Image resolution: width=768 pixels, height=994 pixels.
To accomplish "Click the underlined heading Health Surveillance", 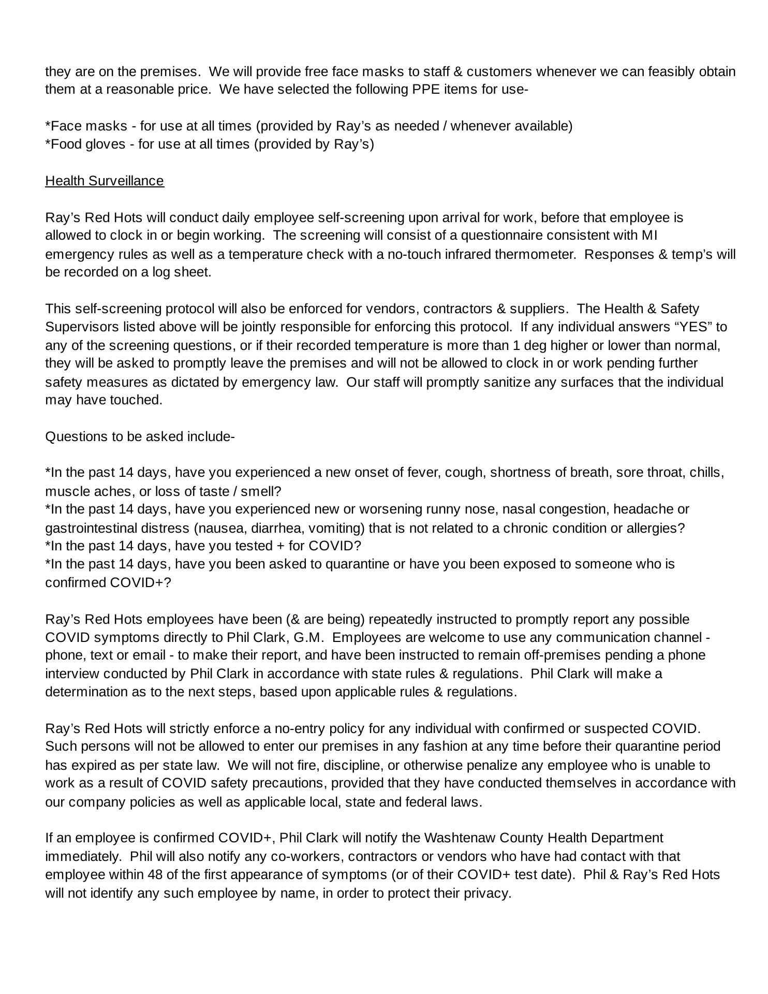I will [x=105, y=181].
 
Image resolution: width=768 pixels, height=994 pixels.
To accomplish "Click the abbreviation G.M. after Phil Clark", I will [x=308, y=637].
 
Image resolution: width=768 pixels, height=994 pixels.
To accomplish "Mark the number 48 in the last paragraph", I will [x=155, y=874].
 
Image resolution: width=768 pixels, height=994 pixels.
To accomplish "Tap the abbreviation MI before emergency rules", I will [x=649, y=236].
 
